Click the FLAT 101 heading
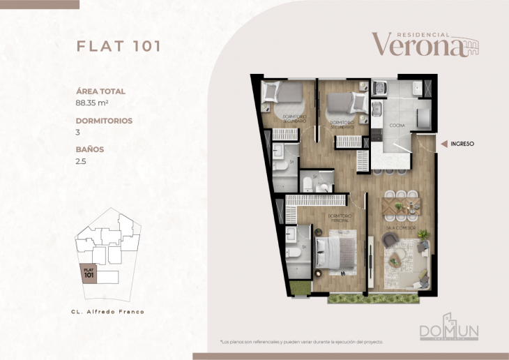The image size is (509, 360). coord(118,47)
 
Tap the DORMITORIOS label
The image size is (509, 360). coord(104,121)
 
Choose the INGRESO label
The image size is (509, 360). coord(462,144)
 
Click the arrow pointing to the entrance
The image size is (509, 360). coord(442,144)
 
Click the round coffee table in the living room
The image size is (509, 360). coord(395,262)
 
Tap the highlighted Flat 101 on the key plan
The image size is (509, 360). coord(89,273)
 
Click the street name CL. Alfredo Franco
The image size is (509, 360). coord(108,312)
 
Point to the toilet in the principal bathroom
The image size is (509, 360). coord(296,253)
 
